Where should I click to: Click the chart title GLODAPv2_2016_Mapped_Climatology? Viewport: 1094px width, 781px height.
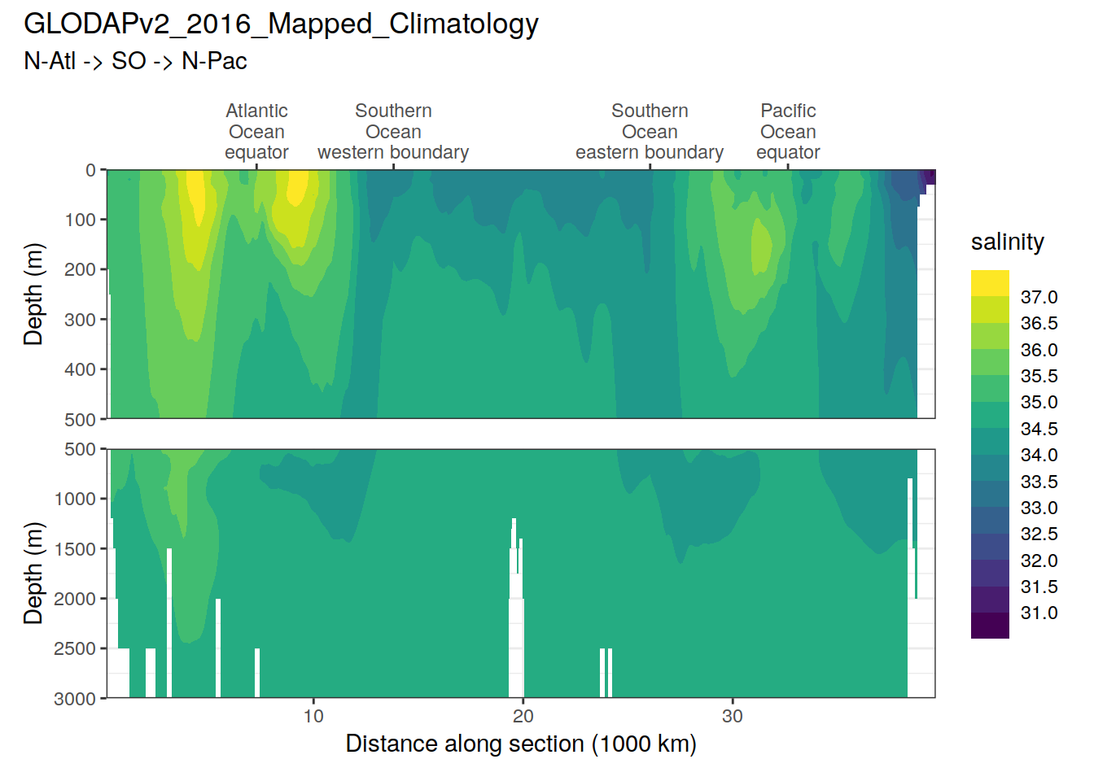[x=281, y=24]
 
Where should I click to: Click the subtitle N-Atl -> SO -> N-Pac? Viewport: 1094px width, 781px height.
[x=135, y=61]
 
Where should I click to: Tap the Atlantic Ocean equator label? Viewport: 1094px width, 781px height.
[x=256, y=132]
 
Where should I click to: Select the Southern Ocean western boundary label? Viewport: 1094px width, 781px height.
[x=393, y=132]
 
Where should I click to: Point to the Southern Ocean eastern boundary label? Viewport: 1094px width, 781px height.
[x=650, y=132]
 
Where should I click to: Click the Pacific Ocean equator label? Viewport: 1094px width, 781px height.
[x=788, y=132]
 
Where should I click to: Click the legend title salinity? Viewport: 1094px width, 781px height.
[x=1007, y=242]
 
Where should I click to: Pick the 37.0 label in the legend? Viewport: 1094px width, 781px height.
[x=1039, y=297]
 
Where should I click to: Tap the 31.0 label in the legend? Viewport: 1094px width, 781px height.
[x=1039, y=613]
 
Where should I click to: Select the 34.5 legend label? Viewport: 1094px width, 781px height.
[x=1039, y=429]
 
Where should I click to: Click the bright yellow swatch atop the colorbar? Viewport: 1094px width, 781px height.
[x=990, y=283]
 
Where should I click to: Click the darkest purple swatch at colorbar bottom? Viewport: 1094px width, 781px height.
[x=990, y=626]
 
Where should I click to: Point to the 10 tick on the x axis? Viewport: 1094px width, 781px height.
[x=313, y=716]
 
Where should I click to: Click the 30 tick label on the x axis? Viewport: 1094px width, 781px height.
[x=733, y=716]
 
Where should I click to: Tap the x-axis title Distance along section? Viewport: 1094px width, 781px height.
[x=521, y=744]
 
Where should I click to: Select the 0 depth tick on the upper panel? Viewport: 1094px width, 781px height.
[x=91, y=170]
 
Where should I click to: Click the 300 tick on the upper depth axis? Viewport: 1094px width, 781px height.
[x=81, y=320]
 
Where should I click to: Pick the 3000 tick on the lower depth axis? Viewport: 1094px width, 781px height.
[x=75, y=699]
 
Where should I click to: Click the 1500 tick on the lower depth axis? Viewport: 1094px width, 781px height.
[x=75, y=549]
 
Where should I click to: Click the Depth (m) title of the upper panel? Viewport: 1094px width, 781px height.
[x=33, y=295]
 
